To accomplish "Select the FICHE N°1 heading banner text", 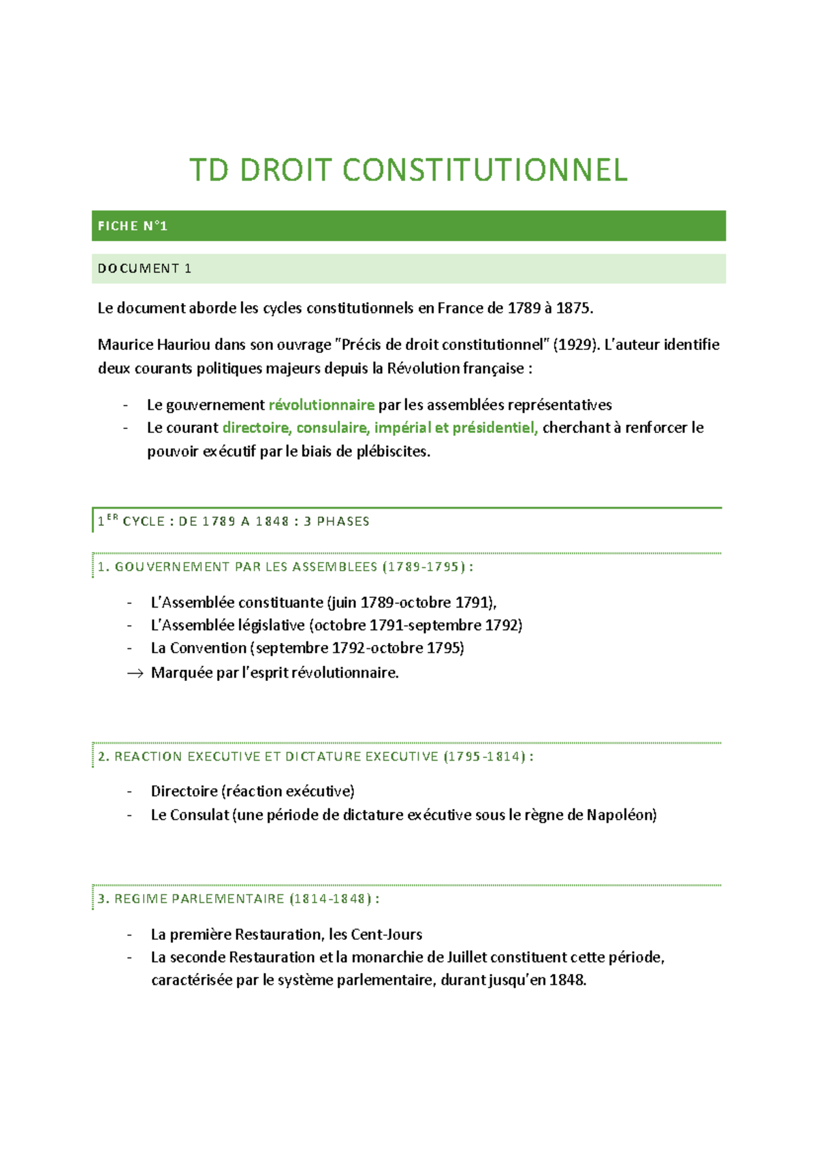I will pos(133,226).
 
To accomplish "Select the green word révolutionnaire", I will pos(321,405).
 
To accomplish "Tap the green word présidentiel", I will pos(494,428).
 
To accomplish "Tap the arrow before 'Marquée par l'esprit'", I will pos(135,674).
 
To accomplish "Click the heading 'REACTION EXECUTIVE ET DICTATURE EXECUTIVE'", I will pos(276,757).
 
